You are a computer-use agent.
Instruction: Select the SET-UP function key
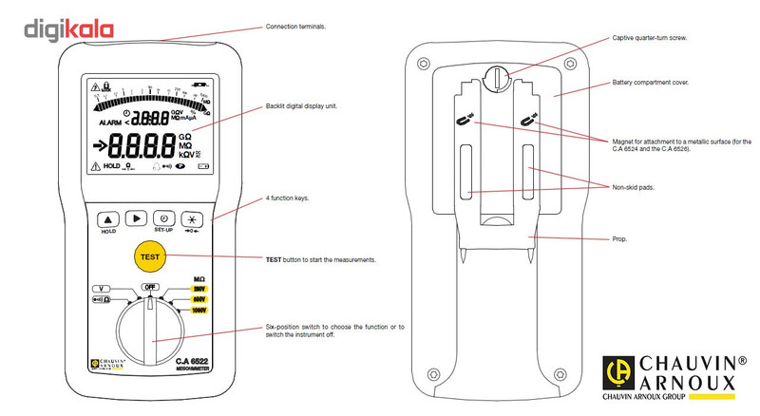point(163,217)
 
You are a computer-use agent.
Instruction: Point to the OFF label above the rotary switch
point(149,286)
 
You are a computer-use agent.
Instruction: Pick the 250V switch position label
point(199,287)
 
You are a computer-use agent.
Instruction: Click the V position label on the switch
point(100,287)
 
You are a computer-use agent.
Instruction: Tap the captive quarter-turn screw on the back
point(497,77)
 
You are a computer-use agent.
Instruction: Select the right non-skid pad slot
point(530,172)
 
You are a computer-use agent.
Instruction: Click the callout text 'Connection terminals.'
point(295,27)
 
